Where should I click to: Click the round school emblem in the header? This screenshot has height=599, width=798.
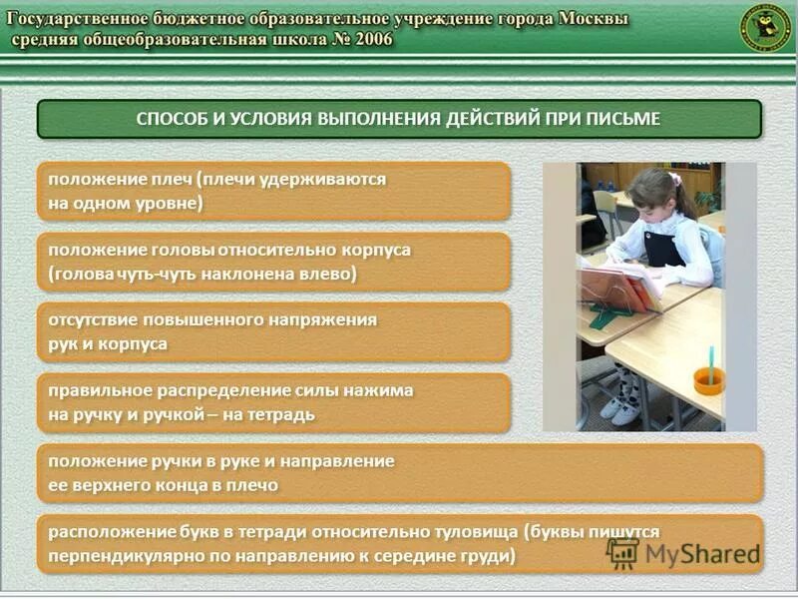764,28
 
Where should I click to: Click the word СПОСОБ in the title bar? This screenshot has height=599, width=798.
175,119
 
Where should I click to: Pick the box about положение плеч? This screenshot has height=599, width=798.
272,191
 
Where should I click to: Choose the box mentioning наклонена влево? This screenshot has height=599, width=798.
272,262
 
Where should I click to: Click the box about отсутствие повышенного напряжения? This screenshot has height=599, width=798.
272,332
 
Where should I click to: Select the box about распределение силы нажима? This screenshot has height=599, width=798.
272,402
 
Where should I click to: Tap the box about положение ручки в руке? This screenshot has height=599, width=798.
399,473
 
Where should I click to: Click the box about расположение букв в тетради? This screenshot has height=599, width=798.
399,544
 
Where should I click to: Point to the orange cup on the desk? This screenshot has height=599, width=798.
709,379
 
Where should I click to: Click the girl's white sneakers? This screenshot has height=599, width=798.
619,408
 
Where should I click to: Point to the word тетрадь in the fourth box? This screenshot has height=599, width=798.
280,414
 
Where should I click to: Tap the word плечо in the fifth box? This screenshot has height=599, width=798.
253,485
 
